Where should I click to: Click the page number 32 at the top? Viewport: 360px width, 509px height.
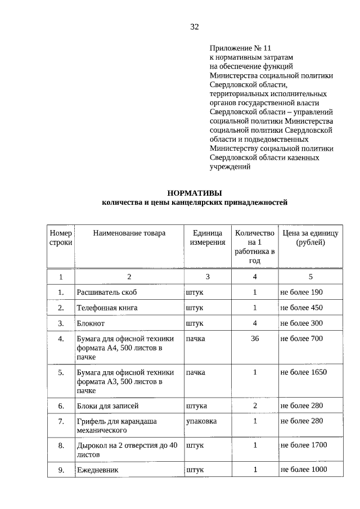pos(195,27)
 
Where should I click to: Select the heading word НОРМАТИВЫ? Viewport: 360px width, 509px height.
pos(195,192)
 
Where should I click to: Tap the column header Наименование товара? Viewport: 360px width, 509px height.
pos(129,233)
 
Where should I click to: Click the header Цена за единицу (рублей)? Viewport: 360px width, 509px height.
pos(310,237)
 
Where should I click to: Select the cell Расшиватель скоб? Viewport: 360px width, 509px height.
pos(106,292)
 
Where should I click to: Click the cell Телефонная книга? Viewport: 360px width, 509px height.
pos(107,308)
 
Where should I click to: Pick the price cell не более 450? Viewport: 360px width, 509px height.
pos(301,308)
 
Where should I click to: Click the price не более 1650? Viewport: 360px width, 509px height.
pos(304,372)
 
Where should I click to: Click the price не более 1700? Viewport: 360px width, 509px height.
pos(304,445)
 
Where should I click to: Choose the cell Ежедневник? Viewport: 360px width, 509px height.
pos(97,470)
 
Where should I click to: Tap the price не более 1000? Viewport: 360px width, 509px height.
pos(304,470)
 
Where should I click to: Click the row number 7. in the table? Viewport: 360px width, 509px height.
pos(61,421)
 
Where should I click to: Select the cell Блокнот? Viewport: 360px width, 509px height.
pos(91,323)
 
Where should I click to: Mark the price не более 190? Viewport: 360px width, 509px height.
pos(301,292)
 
